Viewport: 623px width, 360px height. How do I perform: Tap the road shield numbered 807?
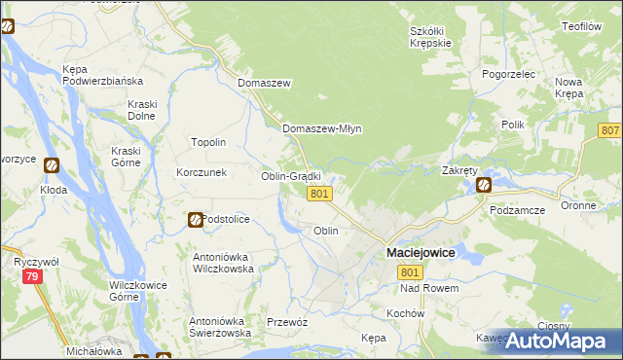point(610,130)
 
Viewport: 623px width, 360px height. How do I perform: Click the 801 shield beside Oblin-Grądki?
point(322,195)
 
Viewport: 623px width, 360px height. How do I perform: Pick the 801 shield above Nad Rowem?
point(410,273)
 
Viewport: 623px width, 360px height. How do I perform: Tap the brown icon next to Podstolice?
point(195,220)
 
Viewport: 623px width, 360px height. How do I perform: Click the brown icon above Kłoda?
point(52,166)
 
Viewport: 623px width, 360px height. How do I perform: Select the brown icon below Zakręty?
point(484,184)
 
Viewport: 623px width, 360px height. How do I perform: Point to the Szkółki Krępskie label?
point(428,37)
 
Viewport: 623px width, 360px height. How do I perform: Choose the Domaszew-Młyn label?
point(321,128)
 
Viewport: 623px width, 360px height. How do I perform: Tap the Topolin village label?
point(208,142)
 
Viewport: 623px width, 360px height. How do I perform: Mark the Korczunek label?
point(202,172)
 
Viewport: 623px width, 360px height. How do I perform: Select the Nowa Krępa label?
point(568,89)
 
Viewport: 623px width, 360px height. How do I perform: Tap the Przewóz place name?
point(287,322)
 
